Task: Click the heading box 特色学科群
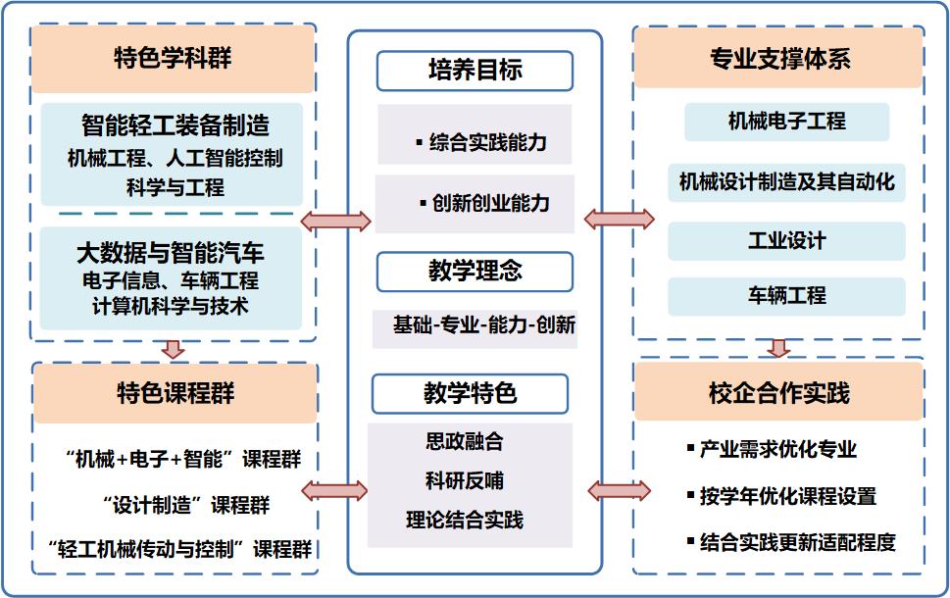(x=173, y=58)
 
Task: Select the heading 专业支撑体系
(x=779, y=59)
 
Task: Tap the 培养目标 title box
(x=475, y=71)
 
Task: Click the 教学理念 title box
(x=475, y=272)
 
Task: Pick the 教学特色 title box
(x=470, y=394)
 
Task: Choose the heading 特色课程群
(x=175, y=394)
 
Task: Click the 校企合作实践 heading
(x=779, y=393)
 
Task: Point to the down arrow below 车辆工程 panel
(x=779, y=348)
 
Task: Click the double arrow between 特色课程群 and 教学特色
(x=333, y=490)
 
